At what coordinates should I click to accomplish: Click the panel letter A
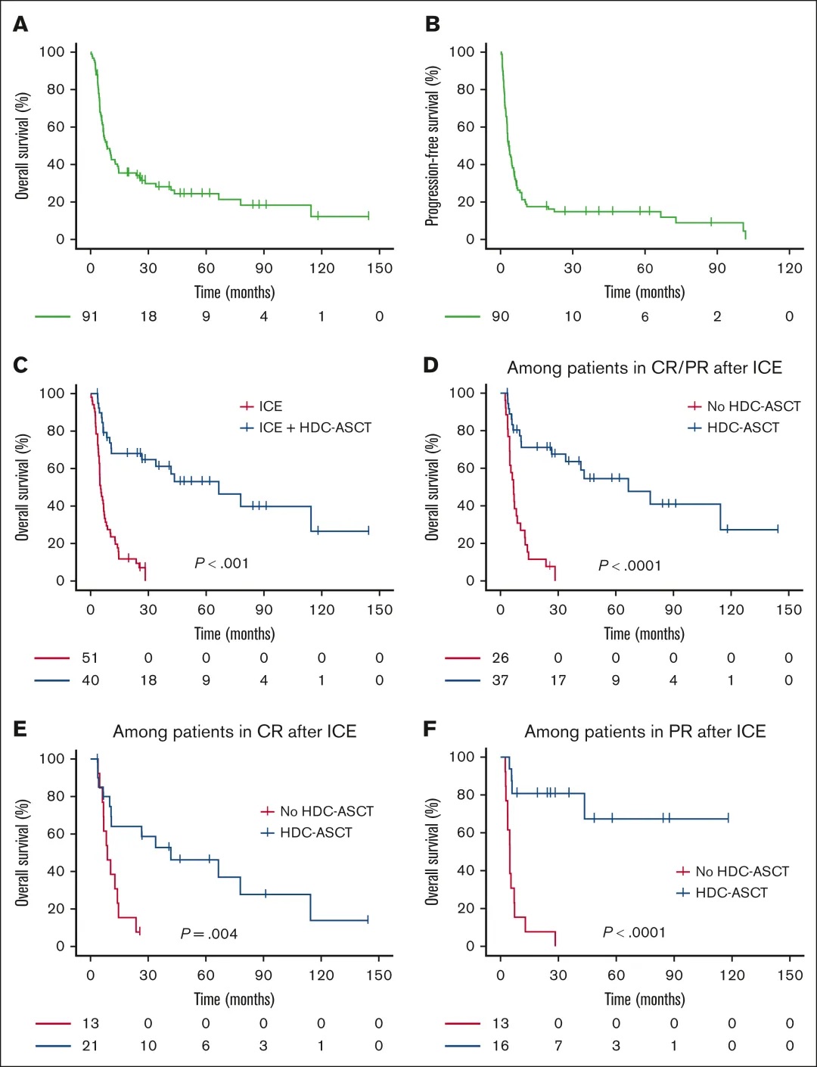tap(20, 24)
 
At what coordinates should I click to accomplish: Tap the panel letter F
tap(430, 729)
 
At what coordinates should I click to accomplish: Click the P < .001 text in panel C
tap(222, 563)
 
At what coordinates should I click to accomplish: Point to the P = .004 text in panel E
tap(209, 934)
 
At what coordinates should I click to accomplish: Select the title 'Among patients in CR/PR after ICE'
tap(645, 368)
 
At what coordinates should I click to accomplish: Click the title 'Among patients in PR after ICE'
tap(645, 731)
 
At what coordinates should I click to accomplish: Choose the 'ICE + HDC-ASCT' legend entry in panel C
tap(315, 428)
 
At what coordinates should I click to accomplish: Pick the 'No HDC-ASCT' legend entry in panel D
tap(753, 406)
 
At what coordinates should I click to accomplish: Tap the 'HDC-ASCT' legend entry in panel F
tap(731, 893)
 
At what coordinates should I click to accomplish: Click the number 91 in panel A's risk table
tap(90, 316)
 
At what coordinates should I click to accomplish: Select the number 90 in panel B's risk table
tap(500, 316)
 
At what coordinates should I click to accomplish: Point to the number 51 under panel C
tap(90, 658)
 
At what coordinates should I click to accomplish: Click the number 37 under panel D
tap(500, 680)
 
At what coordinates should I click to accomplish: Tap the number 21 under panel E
tap(90, 1046)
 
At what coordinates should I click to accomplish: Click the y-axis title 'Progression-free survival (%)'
tap(432, 145)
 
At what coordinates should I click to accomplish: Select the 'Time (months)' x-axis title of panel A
tap(235, 292)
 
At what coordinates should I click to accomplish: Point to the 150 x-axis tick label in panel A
tap(380, 268)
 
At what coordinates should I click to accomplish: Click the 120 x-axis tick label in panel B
tap(789, 268)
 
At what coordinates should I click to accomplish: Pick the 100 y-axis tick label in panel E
tap(52, 758)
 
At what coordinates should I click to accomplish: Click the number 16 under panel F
tap(500, 1046)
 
